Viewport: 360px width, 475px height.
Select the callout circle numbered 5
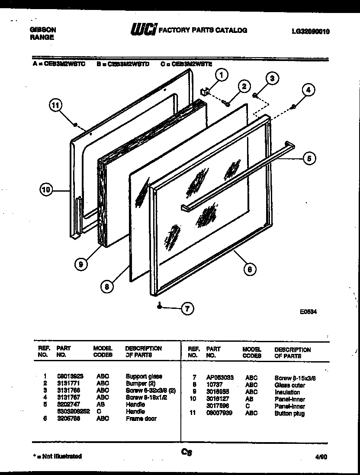(x=309, y=158)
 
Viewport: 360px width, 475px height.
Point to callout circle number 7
(x=187, y=309)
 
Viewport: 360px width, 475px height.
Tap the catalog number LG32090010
(x=311, y=31)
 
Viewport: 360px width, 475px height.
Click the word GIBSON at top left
(x=42, y=30)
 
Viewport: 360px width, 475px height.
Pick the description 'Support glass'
(x=144, y=376)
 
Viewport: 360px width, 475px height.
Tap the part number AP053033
(x=220, y=378)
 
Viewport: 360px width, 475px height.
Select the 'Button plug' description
(x=289, y=414)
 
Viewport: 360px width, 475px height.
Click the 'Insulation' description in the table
(x=287, y=392)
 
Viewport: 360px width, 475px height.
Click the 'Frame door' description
(x=141, y=419)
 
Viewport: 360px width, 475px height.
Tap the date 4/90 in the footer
(x=322, y=457)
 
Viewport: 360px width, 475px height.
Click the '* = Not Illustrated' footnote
(x=58, y=456)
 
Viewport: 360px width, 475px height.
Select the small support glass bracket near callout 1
(x=205, y=90)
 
